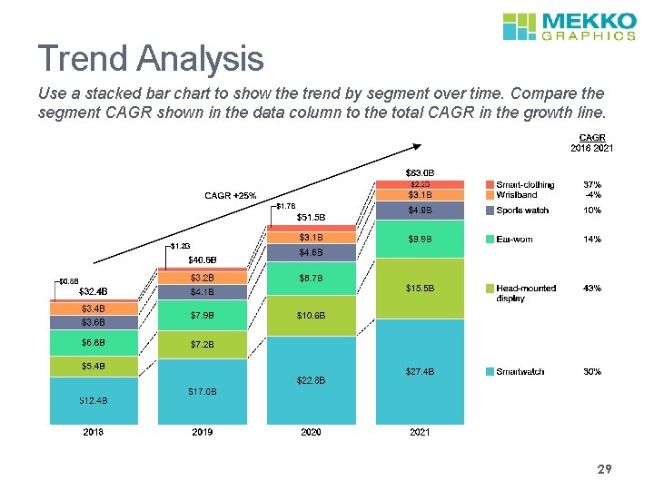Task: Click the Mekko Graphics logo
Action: point(570,25)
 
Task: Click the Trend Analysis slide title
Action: point(151,60)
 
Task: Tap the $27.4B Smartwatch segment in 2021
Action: point(420,372)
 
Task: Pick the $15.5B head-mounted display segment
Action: point(420,288)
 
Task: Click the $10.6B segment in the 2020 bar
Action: point(311,315)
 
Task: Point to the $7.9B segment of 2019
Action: point(203,315)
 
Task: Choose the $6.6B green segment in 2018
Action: point(93,342)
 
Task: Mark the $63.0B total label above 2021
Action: point(420,172)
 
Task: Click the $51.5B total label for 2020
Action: point(311,217)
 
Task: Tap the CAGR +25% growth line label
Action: point(230,195)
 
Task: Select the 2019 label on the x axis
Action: point(203,433)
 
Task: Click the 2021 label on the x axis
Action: point(420,433)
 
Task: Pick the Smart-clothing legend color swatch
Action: point(490,185)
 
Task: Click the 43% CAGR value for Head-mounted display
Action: point(592,289)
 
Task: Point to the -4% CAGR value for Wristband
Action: point(592,195)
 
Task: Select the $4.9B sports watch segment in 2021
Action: point(420,211)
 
